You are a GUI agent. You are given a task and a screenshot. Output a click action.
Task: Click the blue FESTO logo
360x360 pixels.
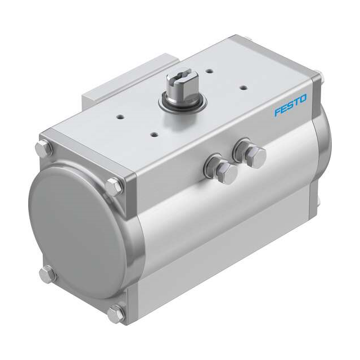pos(291,106)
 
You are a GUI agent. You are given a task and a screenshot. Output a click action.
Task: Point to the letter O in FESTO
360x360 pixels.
pos(304,100)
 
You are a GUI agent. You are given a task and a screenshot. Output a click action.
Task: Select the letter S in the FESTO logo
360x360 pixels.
pos(290,106)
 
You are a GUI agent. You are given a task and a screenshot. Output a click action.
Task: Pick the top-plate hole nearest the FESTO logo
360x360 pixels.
pos(244,87)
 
